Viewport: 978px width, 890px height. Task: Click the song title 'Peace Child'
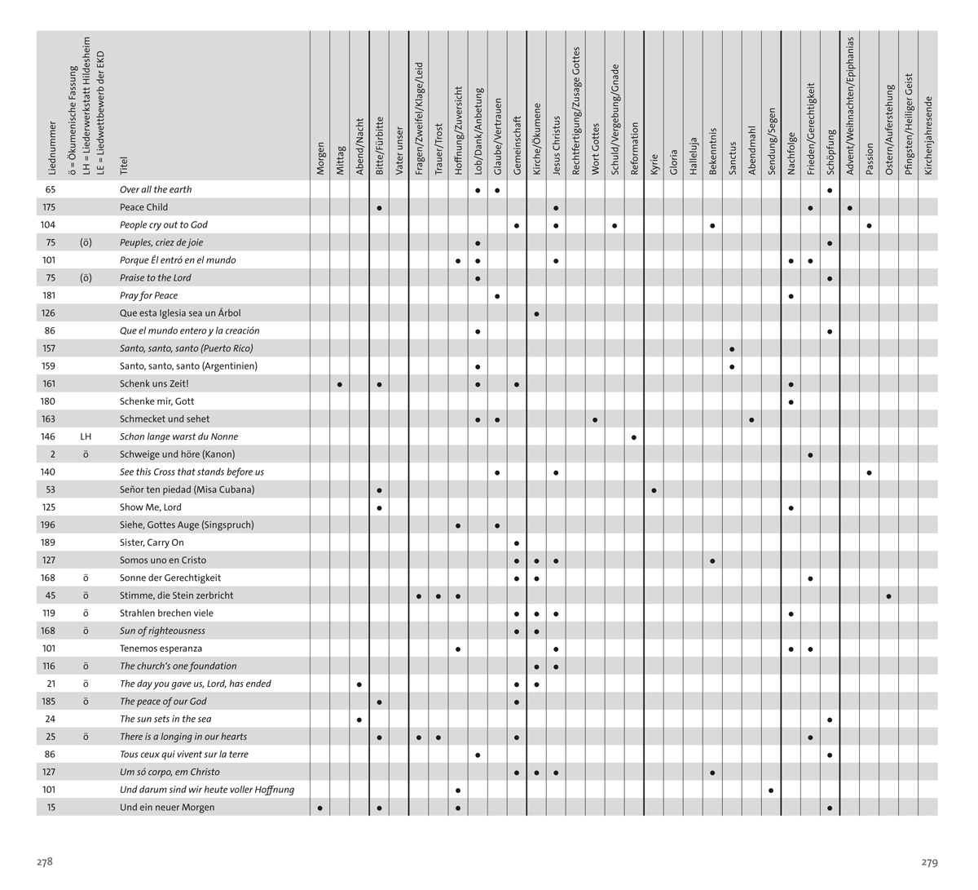point(143,207)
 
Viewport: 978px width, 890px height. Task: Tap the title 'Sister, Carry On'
point(152,542)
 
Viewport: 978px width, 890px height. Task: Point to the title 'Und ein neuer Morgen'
point(167,808)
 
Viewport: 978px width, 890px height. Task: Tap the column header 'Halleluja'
point(694,155)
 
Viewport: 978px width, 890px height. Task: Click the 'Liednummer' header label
point(52,148)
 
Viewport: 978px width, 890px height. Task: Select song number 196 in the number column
point(49,525)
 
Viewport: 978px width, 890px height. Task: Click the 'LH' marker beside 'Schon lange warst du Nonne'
point(86,437)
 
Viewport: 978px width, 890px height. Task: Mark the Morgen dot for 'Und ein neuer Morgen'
point(320,808)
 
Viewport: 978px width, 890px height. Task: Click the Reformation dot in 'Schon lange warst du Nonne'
point(634,438)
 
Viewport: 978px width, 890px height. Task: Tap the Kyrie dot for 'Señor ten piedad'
point(654,491)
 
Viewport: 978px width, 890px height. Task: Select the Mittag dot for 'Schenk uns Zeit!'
point(340,384)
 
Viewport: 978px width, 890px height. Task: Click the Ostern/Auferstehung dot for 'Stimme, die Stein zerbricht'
point(888,596)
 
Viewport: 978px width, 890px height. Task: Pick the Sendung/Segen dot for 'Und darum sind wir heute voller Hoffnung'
point(771,790)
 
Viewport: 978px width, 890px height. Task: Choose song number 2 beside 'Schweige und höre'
point(53,454)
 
